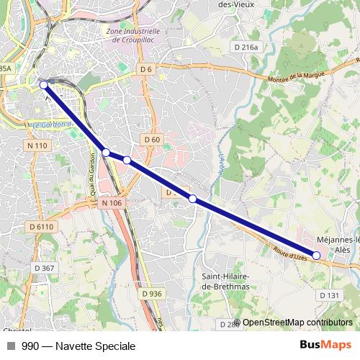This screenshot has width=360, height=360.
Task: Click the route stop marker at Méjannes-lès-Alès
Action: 316,256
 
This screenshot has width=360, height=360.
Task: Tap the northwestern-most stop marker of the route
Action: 44,85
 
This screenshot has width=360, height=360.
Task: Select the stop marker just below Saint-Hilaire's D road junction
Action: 192,199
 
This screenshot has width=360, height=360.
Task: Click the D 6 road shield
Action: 146,68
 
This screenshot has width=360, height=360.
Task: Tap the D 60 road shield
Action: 151,139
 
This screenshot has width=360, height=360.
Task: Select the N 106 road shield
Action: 112,203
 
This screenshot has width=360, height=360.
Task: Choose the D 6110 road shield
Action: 42,227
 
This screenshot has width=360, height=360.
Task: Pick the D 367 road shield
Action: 43,268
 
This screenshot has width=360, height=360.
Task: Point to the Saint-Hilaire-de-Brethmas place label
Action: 225,282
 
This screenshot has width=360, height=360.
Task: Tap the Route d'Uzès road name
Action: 291,253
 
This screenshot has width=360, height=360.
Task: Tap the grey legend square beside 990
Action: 10,346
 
